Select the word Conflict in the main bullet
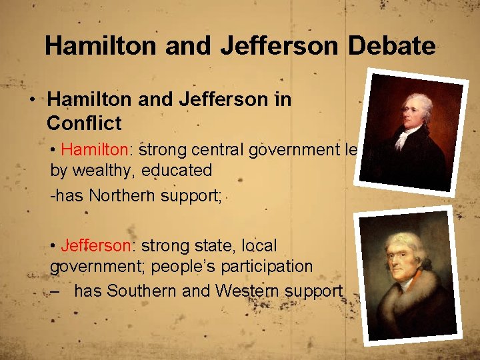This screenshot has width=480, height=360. pyautogui.click(x=84, y=123)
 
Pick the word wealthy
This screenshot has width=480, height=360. pyautogui.click(x=109, y=170)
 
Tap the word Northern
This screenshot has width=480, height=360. pyautogui.click(x=125, y=195)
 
